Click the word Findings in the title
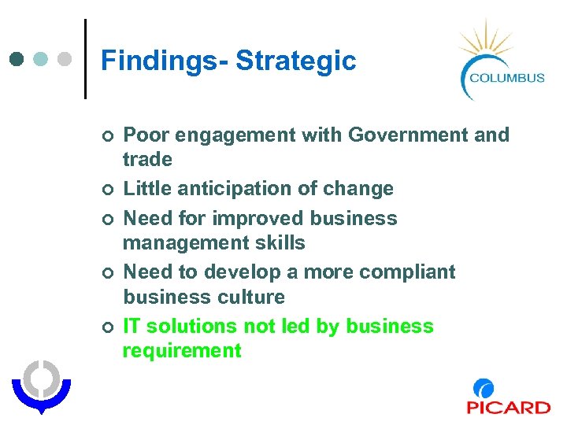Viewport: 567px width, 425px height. [161, 61]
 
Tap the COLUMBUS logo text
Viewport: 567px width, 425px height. [506, 77]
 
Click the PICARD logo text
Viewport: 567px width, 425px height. [508, 407]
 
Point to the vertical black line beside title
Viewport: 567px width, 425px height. [84, 58]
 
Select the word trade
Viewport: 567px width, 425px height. [147, 160]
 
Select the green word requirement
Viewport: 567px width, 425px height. [182, 351]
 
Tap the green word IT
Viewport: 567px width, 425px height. [132, 327]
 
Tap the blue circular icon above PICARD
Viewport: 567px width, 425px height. [484, 388]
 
